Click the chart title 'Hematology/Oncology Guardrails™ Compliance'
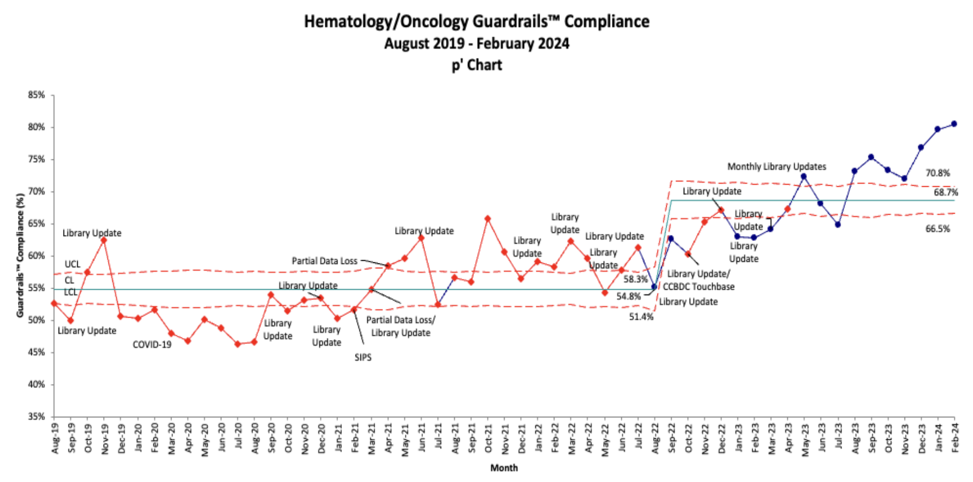coord(477,21)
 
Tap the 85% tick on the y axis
coord(37,95)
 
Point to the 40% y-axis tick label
coord(37,385)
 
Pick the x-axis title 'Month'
coord(503,468)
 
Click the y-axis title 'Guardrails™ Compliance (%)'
coord(20,255)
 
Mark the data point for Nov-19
coord(104,240)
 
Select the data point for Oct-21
coord(488,219)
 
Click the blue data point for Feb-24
coord(954,124)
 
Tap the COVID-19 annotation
coord(152,345)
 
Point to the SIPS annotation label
coord(363,358)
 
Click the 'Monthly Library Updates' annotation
coord(776,167)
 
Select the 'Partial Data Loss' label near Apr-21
coord(324,261)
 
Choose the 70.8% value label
coord(937,173)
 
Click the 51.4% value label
coord(641,317)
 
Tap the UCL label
coord(72,265)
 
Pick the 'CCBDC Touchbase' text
coord(699,286)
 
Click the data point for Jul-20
coord(238,344)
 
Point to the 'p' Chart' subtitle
coord(477,65)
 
